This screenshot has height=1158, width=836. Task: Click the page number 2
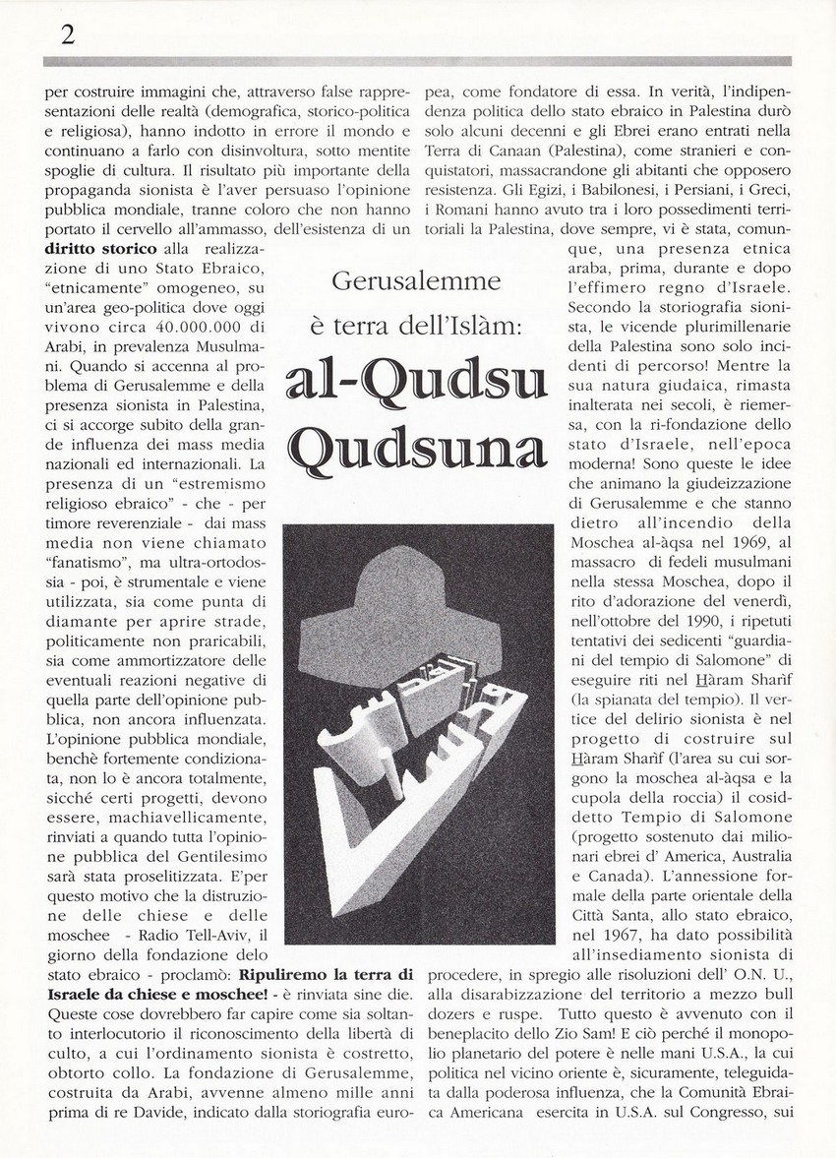[x=68, y=35]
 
